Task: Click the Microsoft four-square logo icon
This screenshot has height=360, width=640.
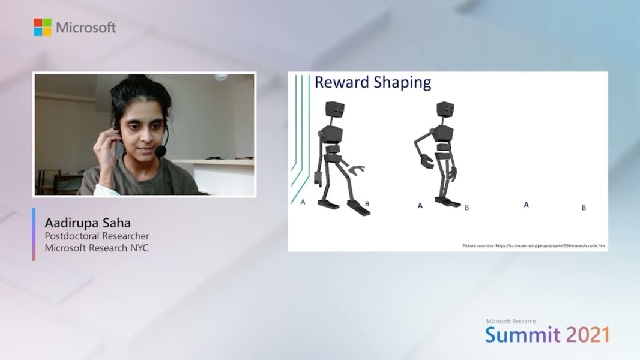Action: pyautogui.click(x=43, y=27)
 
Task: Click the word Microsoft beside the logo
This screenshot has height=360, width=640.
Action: pyautogui.click(x=86, y=28)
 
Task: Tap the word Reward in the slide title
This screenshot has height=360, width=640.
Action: pyautogui.click(x=342, y=82)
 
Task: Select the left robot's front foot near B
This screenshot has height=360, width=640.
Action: pyautogui.click(x=358, y=208)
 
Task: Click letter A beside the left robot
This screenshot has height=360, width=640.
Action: pyautogui.click(x=303, y=202)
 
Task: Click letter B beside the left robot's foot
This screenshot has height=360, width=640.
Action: pyautogui.click(x=367, y=204)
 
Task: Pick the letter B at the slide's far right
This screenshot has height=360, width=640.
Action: pyautogui.click(x=584, y=208)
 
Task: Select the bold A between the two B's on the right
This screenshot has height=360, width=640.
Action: pyautogui.click(x=526, y=205)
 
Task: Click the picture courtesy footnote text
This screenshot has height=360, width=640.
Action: pyautogui.click(x=533, y=245)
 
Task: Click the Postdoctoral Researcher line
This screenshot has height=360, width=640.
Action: pyautogui.click(x=97, y=236)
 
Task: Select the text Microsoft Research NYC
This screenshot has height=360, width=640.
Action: pyautogui.click(x=97, y=248)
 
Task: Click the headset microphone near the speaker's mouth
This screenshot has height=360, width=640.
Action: pyautogui.click(x=160, y=151)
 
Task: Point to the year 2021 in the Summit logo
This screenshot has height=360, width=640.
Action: pyautogui.click(x=588, y=334)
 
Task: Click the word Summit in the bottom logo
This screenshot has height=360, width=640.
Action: pyautogui.click(x=522, y=334)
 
